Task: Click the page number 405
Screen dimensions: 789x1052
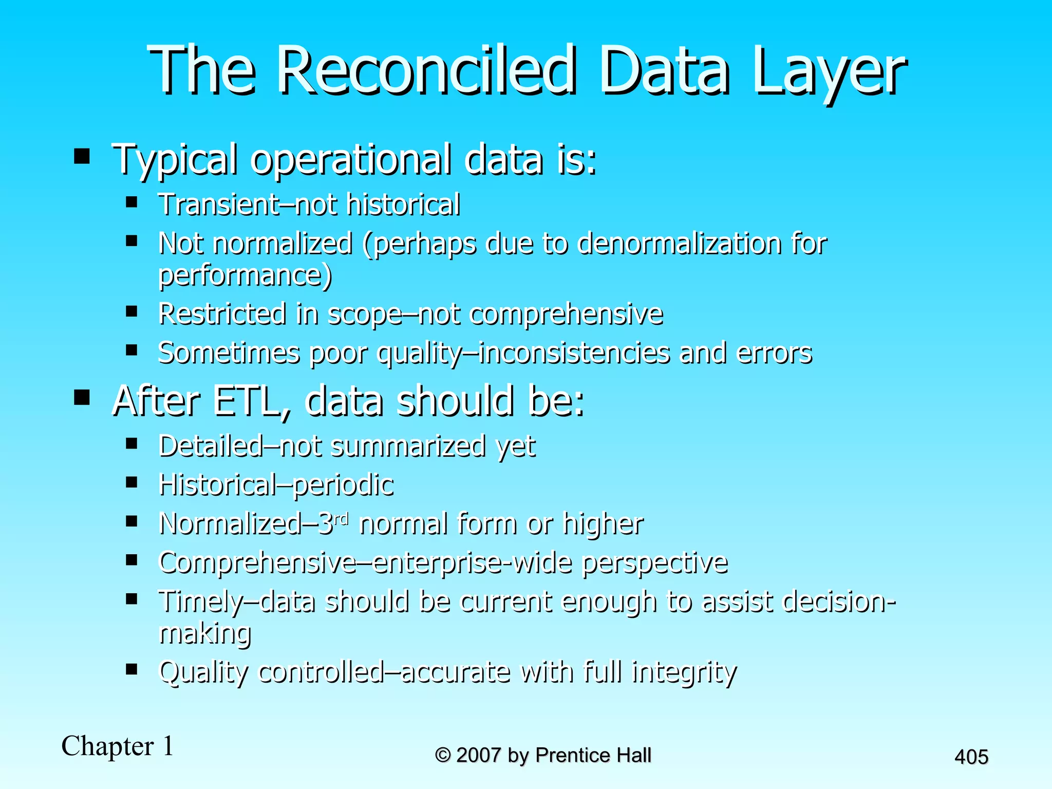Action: [971, 757]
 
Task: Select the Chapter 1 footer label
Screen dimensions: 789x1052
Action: [118, 746]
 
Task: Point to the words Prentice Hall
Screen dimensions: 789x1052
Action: [593, 755]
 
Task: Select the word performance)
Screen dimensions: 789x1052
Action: [245, 276]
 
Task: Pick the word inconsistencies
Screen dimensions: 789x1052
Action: [574, 353]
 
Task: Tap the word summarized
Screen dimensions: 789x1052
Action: [408, 446]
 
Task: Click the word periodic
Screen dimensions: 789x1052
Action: [343, 485]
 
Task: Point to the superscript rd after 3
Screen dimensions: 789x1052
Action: [341, 519]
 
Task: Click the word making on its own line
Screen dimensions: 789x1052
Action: [204, 634]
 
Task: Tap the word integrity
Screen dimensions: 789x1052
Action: [684, 672]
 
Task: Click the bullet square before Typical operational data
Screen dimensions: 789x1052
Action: [82, 156]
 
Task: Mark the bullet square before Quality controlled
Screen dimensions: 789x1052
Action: [131, 669]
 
